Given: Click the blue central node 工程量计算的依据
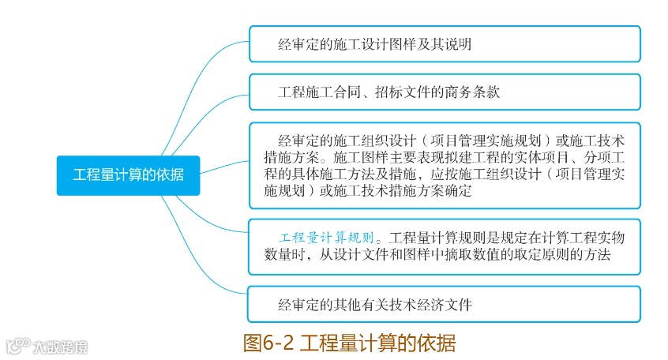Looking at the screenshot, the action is click(x=128, y=174).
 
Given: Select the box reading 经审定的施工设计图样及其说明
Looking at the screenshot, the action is click(x=445, y=44).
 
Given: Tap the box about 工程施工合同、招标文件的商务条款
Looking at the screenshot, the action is click(x=445, y=92).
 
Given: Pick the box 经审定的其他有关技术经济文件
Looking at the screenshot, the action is click(x=445, y=304).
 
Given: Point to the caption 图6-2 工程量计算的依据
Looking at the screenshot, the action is click(x=349, y=343).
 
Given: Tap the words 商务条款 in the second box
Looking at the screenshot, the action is click(x=471, y=92).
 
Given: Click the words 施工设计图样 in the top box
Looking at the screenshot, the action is click(x=370, y=44).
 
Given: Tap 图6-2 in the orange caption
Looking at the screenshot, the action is click(x=268, y=343).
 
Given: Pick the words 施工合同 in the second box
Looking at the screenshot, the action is click(x=336, y=92).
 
